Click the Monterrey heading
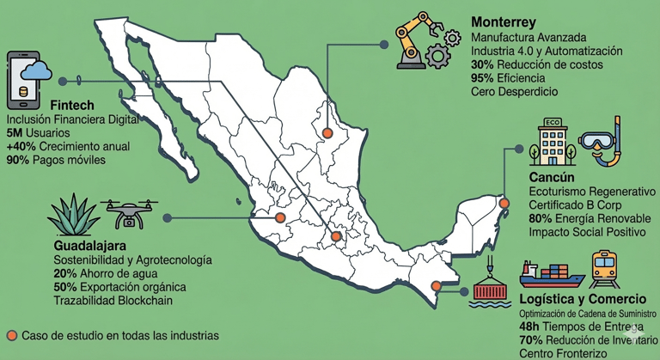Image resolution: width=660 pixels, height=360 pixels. click(504, 21)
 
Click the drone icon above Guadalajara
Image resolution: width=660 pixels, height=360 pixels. click(129, 212)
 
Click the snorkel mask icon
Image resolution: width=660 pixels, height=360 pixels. click(602, 144)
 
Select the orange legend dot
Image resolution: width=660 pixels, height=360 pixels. click(9, 334)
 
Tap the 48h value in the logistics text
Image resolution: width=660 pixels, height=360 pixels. click(531, 327)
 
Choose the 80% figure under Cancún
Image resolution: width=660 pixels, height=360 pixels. click(541, 218)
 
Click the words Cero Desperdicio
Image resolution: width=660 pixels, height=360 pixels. click(515, 91)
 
